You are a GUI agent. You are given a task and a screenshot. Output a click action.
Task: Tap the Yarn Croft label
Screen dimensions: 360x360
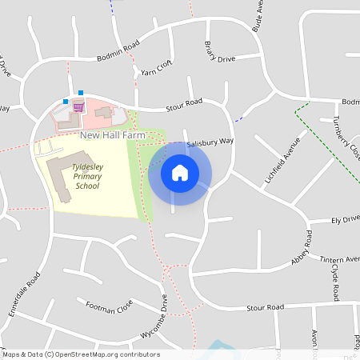pyautogui.click(x=157, y=70)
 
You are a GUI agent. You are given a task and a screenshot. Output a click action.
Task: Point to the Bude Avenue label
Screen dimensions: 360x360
pyautogui.click(x=257, y=15)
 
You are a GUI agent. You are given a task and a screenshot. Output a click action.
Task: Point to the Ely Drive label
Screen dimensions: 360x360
pyautogui.click(x=346, y=219)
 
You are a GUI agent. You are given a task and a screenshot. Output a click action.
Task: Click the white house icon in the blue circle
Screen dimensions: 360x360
pyautogui.click(x=180, y=173)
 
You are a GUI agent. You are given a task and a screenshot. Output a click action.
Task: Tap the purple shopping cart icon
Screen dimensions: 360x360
pyautogui.click(x=78, y=106)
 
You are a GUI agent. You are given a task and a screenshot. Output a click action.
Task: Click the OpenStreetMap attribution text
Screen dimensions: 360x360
pyautogui.click(x=80, y=354)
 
